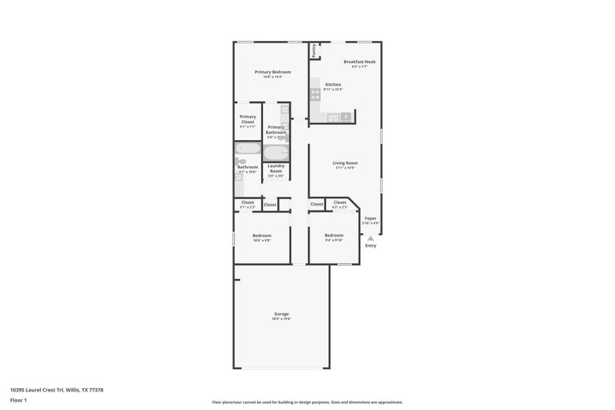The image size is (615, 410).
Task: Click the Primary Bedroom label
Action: pyautogui.click(x=273, y=72)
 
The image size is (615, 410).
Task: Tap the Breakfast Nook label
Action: pyautogui.click(x=359, y=61)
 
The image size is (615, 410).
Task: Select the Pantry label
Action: pyautogui.click(x=314, y=50)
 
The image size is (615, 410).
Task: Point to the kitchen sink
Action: pyautogui.click(x=333, y=117)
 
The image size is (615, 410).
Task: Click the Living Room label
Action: pyautogui.click(x=345, y=163)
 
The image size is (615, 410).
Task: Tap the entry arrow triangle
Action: pyautogui.click(x=370, y=238)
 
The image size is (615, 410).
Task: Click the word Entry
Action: pyautogui.click(x=370, y=245)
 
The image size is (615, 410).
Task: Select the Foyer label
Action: pyautogui.click(x=370, y=218)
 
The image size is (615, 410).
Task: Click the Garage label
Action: pyautogui.click(x=282, y=314)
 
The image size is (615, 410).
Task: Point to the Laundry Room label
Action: pyautogui.click(x=276, y=168)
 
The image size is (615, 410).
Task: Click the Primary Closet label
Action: pyautogui.click(x=247, y=119)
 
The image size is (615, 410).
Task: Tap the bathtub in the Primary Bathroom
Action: pyautogui.click(x=276, y=152)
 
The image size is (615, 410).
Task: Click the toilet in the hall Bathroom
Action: pyautogui.click(x=240, y=162)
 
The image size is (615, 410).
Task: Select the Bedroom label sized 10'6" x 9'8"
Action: pyautogui.click(x=262, y=235)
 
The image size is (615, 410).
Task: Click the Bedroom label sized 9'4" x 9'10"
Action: pyautogui.click(x=333, y=235)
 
